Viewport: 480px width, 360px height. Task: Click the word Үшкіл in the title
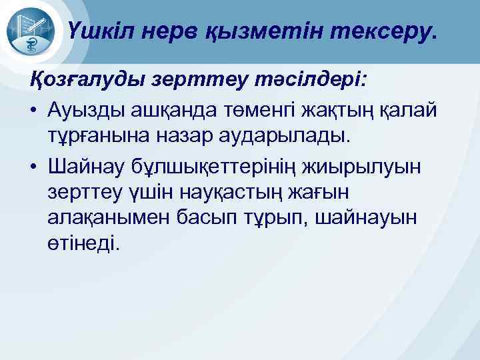(x=99, y=31)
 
